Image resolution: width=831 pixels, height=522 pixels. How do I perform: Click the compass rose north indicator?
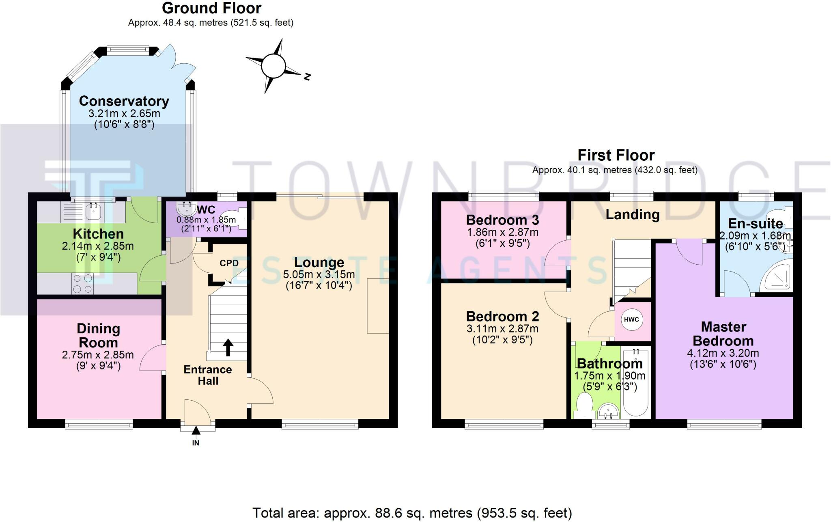tap(307, 76)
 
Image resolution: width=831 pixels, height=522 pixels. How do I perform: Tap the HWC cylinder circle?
tap(631, 319)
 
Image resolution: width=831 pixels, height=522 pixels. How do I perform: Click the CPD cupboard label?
tap(229, 263)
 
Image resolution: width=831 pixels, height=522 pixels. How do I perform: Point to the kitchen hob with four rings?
tap(82, 283)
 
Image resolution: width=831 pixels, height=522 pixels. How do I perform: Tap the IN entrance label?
tap(196, 443)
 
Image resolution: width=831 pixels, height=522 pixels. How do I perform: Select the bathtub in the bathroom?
tap(636, 382)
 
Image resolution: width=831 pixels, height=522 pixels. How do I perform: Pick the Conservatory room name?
tap(124, 101)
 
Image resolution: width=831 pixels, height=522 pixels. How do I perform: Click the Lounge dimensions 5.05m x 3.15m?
tap(319, 274)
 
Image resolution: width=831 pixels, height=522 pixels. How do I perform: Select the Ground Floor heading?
tap(211, 8)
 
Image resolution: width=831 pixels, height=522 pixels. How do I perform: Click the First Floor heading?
tap(616, 155)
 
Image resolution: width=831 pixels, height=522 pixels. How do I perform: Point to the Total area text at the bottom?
tap(412, 513)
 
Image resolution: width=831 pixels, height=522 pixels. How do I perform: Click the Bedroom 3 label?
tap(502, 220)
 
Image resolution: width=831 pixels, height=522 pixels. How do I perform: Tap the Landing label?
tap(632, 214)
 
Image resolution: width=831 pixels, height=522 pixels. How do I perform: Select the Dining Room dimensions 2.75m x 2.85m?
tap(98, 355)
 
